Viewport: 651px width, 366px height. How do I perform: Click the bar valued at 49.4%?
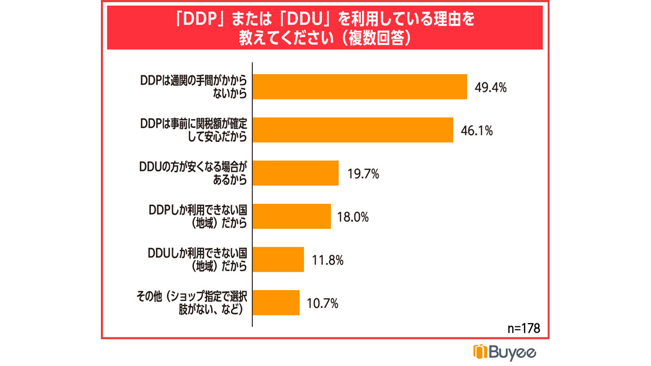coord(360,87)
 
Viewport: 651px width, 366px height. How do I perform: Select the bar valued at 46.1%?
coord(353,130)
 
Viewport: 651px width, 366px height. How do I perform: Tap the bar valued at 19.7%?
coord(296,174)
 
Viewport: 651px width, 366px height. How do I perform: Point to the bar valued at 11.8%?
coord(279,260)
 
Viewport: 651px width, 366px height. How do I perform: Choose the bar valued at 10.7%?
coord(277,303)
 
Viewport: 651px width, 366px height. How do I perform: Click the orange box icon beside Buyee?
coord(481,352)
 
